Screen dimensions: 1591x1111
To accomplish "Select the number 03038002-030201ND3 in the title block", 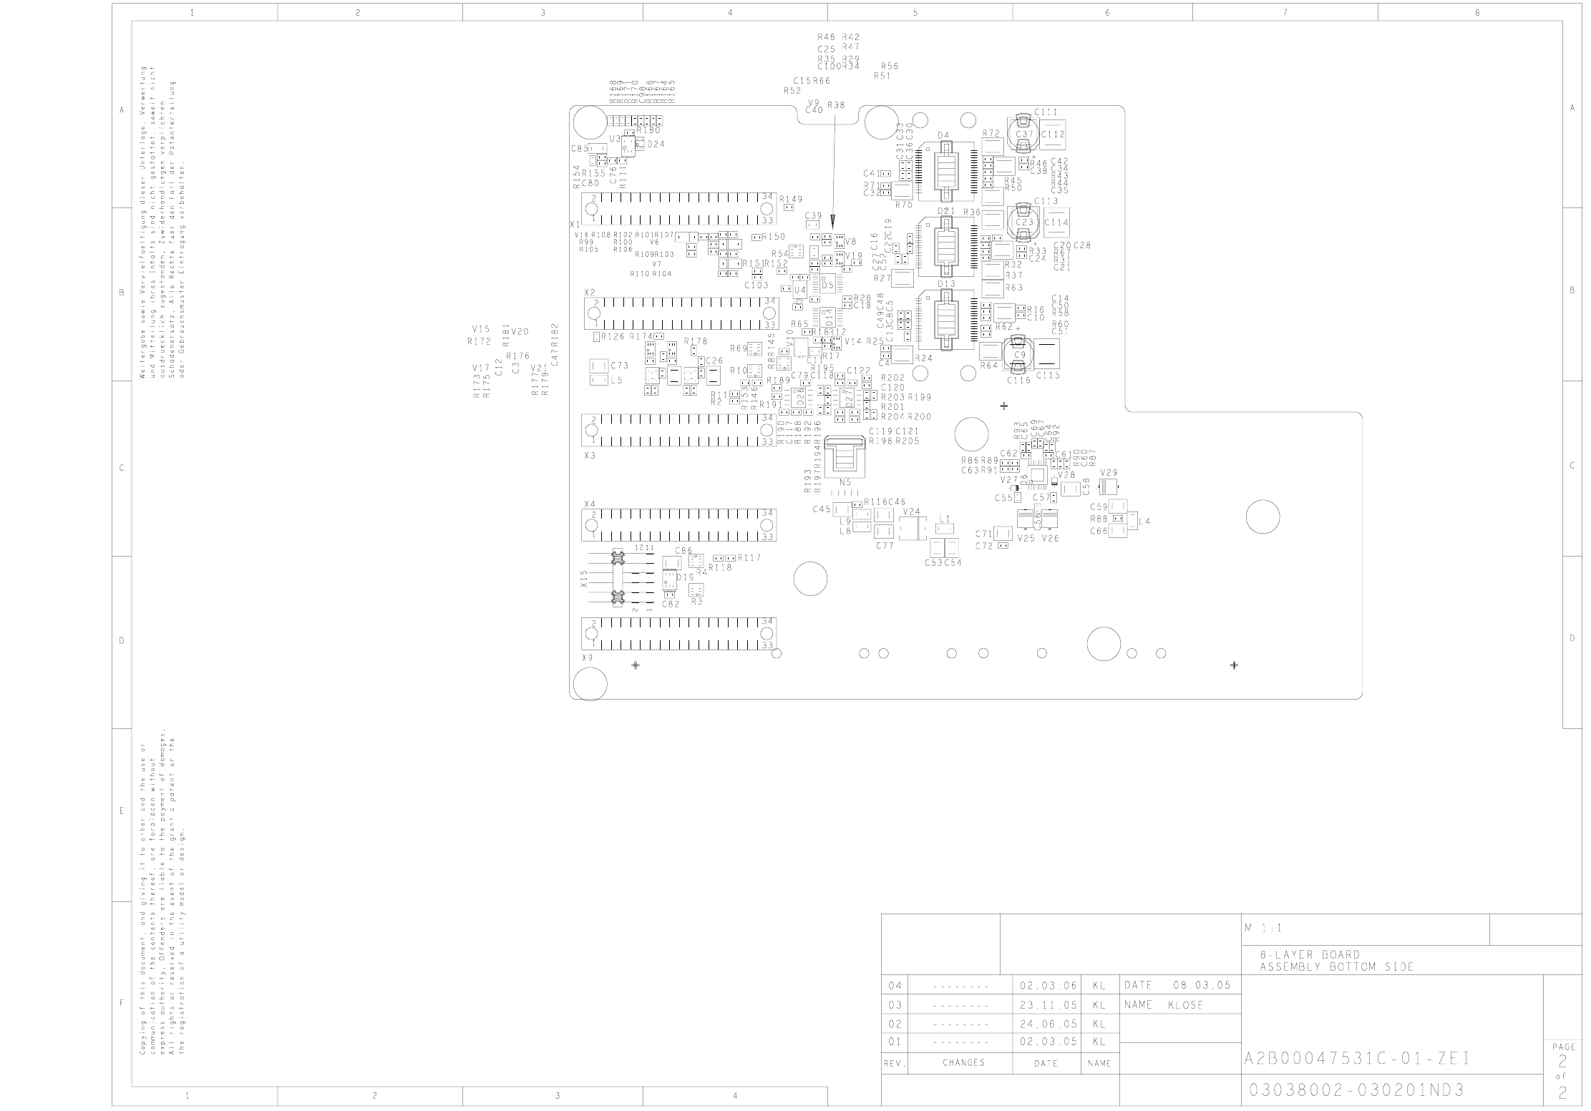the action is coord(1356,1090).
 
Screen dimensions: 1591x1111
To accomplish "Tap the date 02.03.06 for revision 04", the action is coord(1047,986).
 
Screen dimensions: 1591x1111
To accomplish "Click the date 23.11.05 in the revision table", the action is coord(1047,1004).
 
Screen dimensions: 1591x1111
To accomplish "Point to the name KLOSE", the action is coord(1185,1004).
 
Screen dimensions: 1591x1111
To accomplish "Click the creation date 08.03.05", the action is coord(1202,985).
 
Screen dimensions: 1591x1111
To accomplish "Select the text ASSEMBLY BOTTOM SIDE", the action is coord(1337,967).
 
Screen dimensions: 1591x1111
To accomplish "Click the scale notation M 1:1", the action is coord(1262,929).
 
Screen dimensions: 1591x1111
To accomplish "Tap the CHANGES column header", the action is coord(963,1062).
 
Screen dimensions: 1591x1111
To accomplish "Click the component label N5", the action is coord(845,482).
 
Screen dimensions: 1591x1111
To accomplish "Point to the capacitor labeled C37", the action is coord(1025,134).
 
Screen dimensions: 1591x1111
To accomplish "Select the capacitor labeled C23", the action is coord(1025,222).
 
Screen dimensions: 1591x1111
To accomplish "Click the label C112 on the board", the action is coord(1053,134).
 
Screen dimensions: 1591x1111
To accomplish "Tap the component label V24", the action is coord(911,512).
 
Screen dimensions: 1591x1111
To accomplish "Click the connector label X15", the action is coord(584,579).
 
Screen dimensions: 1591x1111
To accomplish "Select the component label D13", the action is coord(946,284).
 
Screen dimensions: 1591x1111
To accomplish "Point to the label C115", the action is coord(1048,376).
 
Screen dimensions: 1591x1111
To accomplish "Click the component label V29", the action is coord(1108,473).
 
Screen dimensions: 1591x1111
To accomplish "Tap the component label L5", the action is coord(616,380).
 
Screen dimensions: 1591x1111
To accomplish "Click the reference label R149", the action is coord(791,199).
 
